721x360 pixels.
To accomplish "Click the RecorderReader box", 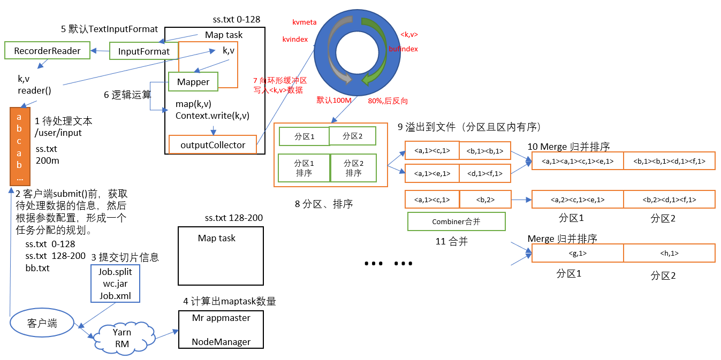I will pyautogui.click(x=47, y=51).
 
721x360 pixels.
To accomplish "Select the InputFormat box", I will pyautogui.click(x=143, y=52).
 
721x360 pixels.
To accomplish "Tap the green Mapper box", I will pyautogui.click(x=193, y=82).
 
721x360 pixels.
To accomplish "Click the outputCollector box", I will pyautogui.click(x=212, y=145).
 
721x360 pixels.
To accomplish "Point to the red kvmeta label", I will pyautogui.click(x=304, y=22).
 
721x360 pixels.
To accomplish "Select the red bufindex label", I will pyautogui.click(x=403, y=49).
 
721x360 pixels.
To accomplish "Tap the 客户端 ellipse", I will pyautogui.click(x=42, y=323).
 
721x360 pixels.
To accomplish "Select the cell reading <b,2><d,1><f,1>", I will pyautogui.click(x=669, y=200).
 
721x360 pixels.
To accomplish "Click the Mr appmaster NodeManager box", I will pyautogui.click(x=221, y=330).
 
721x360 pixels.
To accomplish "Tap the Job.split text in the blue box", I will pyautogui.click(x=115, y=272).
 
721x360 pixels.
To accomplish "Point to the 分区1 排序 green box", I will pyautogui.click(x=304, y=168).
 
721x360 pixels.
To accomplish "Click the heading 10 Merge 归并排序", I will pyautogui.click(x=568, y=147).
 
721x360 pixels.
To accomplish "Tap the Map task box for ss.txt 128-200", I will pyautogui.click(x=221, y=256).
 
